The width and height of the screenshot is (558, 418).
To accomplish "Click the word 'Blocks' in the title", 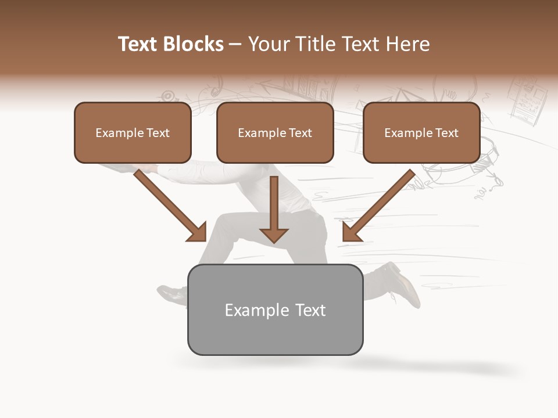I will [194, 44].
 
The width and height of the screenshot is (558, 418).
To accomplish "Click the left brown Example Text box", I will [133, 133].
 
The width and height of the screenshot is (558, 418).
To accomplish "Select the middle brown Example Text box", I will [275, 133].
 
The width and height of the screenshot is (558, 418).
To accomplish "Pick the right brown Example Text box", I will [421, 133].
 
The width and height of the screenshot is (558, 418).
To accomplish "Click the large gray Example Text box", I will [276, 310].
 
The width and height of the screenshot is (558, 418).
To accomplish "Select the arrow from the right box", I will [378, 206].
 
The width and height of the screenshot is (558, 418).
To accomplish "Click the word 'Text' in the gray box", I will [310, 310].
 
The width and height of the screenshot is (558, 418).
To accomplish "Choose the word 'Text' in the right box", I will [446, 133].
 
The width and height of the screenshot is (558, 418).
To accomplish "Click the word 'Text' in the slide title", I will [139, 44].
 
